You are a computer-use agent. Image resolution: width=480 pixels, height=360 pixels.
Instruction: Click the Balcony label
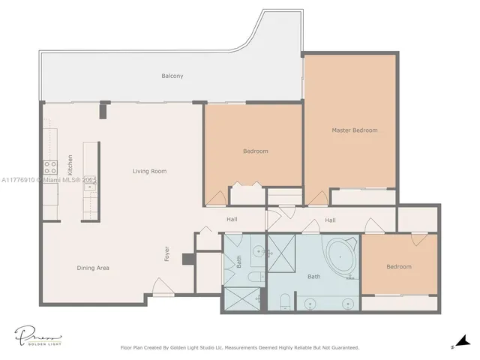pyautogui.click(x=172, y=76)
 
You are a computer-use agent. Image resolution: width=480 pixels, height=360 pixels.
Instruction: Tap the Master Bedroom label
pyautogui.click(x=355, y=130)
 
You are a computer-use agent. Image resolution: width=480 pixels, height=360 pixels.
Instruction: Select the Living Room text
pyautogui.click(x=149, y=172)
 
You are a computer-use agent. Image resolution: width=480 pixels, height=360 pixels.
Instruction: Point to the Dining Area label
pyautogui.click(x=93, y=267)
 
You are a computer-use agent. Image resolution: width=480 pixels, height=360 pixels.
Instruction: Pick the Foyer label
pyautogui.click(x=168, y=254)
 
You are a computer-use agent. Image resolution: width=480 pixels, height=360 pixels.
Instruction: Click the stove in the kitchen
pyautogui.click(x=50, y=167)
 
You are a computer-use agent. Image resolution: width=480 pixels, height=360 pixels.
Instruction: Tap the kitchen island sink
pyautogui.click(x=89, y=187)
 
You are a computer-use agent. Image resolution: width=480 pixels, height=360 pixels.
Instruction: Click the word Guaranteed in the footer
pyautogui.click(x=344, y=348)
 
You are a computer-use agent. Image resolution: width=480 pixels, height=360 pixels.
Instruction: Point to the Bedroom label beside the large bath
pyautogui.click(x=398, y=267)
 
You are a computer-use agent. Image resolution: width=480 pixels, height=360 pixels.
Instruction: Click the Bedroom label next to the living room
pyautogui.click(x=255, y=151)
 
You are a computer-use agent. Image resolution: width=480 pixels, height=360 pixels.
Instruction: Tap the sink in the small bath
pyautogui.click(x=256, y=252)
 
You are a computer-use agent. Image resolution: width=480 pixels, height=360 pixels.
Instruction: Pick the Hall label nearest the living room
pyautogui.click(x=232, y=220)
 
